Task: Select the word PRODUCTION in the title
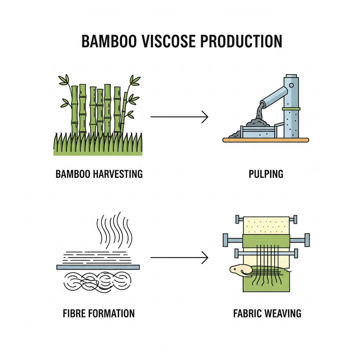coord(241,41)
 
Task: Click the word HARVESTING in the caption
coord(118,174)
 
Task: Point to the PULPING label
coord(266,174)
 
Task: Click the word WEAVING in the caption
coord(283,313)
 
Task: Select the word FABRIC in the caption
coord(247,313)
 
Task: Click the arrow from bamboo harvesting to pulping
coord(179,117)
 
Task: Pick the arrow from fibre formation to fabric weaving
coord(179,257)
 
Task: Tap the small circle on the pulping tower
coord(292,85)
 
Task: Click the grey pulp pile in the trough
coord(258,123)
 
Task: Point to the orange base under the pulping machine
coord(266,140)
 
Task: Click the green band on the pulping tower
coord(291,109)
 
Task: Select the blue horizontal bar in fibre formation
coord(98,267)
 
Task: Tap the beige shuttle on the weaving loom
coord(240,270)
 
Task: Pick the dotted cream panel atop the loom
coord(266,225)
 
